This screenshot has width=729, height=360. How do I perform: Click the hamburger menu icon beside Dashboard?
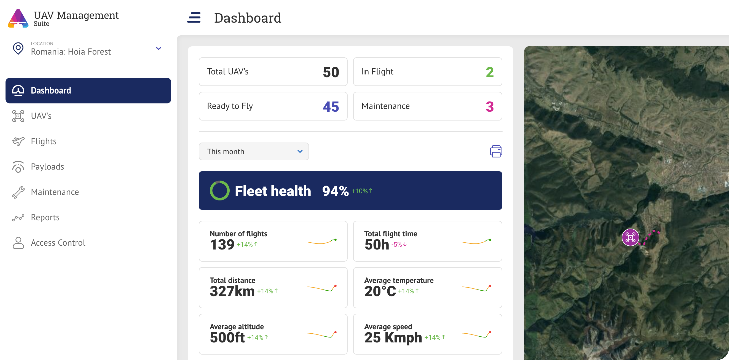point(194,17)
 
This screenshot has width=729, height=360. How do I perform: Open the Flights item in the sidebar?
point(43,141)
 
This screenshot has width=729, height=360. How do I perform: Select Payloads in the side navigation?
point(47,167)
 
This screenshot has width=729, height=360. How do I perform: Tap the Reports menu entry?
point(45,217)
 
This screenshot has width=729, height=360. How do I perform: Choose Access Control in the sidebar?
point(58,243)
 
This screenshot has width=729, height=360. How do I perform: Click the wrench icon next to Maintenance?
point(18,192)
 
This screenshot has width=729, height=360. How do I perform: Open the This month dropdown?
point(254,151)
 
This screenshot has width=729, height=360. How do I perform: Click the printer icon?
point(496,151)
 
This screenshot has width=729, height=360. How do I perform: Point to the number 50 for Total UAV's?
point(331,72)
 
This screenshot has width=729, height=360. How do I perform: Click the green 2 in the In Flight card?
point(490,72)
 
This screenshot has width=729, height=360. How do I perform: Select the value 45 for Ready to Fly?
point(331,107)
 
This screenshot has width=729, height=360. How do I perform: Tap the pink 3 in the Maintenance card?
point(490,107)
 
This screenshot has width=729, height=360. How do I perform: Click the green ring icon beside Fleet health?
point(219,191)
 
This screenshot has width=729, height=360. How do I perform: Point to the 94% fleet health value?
point(335,191)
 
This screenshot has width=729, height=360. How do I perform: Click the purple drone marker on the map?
point(630,237)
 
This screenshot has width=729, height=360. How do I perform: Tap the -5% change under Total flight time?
point(399,245)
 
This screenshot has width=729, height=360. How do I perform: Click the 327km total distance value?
point(232,291)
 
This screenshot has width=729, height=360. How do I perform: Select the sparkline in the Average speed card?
point(476,334)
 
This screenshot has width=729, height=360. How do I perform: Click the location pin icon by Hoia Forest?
point(18,49)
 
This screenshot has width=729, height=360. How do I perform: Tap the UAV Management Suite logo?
point(18,19)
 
